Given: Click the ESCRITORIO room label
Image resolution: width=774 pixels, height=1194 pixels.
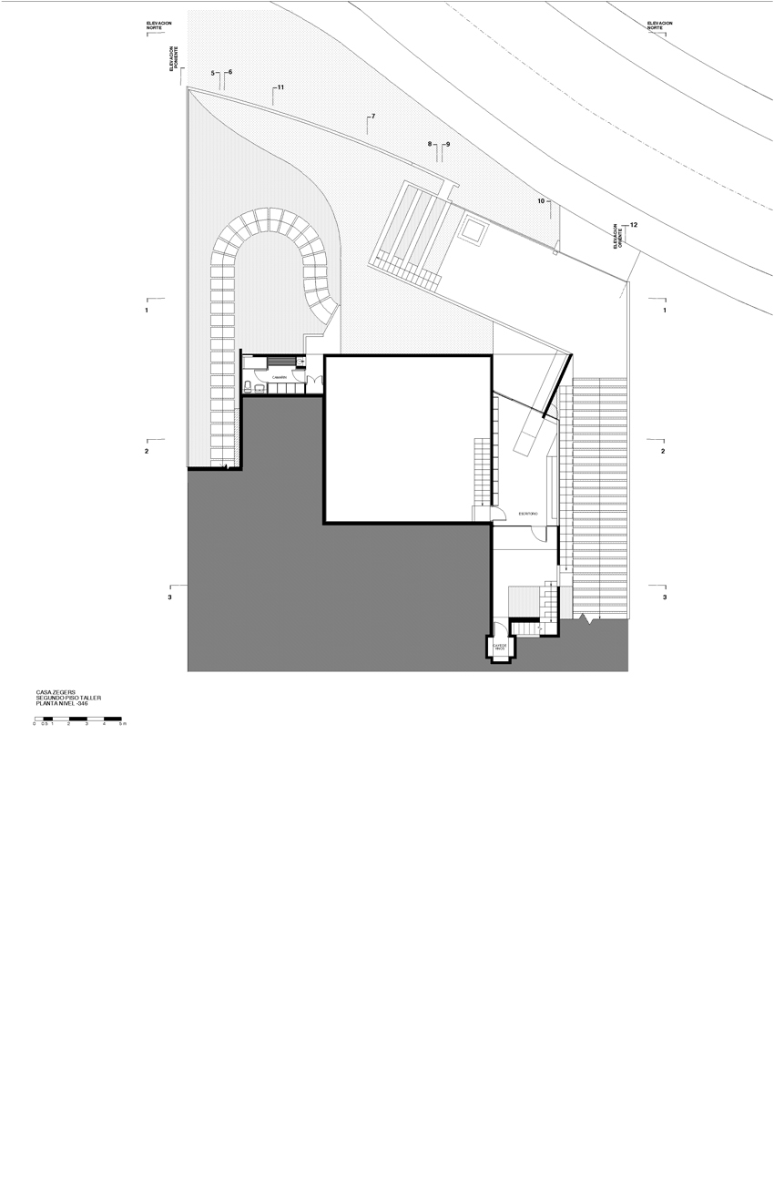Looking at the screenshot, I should [x=528, y=515].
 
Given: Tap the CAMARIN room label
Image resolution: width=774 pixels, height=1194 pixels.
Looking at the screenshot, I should [x=279, y=376].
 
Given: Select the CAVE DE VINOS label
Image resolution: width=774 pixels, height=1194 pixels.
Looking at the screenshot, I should [x=499, y=648].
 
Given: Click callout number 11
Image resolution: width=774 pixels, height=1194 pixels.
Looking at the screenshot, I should [x=280, y=87].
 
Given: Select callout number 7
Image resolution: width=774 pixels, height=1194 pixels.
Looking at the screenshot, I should [x=372, y=117].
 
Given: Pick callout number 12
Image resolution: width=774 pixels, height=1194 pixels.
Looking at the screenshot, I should [x=634, y=225].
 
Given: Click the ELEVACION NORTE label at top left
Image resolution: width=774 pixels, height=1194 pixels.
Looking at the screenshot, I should [x=159, y=26].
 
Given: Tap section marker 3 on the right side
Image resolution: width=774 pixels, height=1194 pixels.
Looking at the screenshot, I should [x=665, y=597].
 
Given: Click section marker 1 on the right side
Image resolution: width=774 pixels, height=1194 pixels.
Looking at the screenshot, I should [x=665, y=311].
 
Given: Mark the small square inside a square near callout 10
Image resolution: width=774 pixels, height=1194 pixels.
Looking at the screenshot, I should [x=474, y=230].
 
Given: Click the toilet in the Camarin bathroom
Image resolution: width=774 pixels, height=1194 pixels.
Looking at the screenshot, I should [x=249, y=387].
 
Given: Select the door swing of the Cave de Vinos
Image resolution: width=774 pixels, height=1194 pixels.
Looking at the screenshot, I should [x=500, y=628].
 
